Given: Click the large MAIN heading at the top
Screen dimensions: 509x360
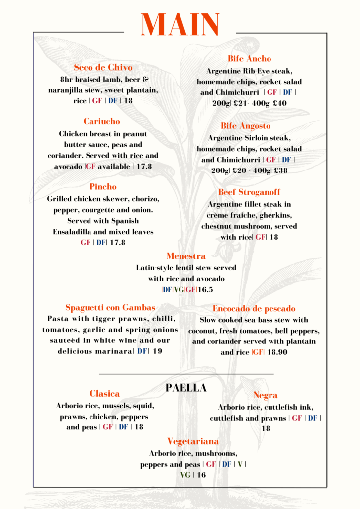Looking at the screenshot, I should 180,25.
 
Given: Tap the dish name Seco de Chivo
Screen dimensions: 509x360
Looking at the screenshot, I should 103,67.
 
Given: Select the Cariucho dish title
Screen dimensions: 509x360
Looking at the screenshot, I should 101,121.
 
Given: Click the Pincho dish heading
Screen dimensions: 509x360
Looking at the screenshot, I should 103,187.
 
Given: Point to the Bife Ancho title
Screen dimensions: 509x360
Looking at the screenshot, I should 249,59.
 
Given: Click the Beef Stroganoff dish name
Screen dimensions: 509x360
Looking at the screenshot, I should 249,192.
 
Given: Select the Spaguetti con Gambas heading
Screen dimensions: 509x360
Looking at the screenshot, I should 110,307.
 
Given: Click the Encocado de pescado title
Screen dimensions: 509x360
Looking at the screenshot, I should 254,309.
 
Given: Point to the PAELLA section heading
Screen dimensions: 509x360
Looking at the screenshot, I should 186,388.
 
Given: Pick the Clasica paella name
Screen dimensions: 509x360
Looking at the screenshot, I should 104,394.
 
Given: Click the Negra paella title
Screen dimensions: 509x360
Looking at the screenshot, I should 266,396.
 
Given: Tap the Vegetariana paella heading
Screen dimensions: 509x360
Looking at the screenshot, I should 193,441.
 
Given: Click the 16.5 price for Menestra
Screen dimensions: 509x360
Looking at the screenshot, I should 206,290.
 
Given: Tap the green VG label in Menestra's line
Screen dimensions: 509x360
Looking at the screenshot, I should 179,290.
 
